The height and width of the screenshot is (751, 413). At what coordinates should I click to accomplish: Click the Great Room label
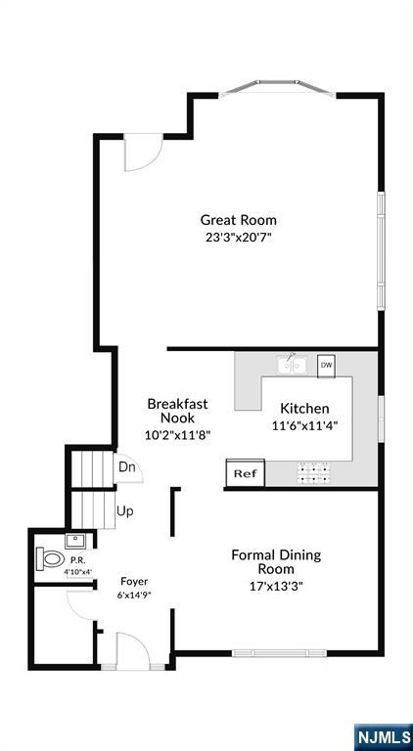pos(238,220)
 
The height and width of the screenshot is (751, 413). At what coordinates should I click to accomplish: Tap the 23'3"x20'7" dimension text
pos(239,237)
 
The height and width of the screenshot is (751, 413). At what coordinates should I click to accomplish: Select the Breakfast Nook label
pos(177,411)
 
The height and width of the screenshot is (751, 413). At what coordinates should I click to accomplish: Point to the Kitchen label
pos(304,409)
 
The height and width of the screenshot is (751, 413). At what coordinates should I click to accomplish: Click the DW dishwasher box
pos(326,367)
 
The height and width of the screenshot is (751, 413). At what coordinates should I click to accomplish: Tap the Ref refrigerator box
pos(246,473)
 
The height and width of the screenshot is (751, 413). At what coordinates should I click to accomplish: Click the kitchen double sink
pos(292,366)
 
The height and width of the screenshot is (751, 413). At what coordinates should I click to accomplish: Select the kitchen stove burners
pos(314,472)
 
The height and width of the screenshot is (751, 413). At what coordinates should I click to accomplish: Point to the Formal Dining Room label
pos(276,562)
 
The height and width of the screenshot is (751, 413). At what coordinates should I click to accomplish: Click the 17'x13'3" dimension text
pos(276,586)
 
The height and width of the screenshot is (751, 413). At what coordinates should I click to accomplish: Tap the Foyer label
pos(134,582)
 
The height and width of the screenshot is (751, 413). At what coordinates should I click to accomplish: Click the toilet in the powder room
pos(50,558)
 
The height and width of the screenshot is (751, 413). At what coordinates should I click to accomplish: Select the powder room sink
pos(75,541)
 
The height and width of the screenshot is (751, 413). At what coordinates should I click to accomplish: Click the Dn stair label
pos(127,467)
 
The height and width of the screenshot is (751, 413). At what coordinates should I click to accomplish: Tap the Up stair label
pos(124,511)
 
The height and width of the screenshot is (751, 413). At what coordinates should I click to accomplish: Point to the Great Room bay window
pos(277,88)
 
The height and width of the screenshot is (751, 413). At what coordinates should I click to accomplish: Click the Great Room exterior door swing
pos(143,153)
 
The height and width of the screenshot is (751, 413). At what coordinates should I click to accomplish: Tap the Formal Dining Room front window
pos(279,652)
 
